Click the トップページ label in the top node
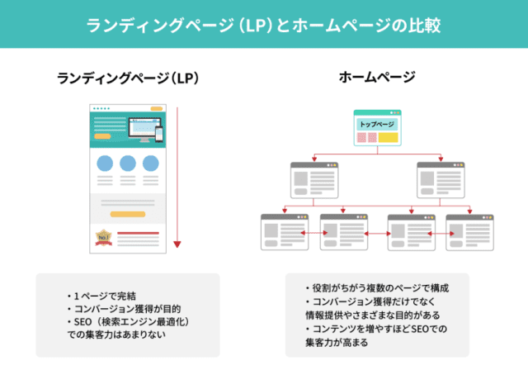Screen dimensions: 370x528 (x=377, y=124)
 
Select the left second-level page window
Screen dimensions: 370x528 (x=314, y=178)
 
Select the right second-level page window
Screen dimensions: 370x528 (x=440, y=178)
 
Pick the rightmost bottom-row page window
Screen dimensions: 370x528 (x=469, y=231)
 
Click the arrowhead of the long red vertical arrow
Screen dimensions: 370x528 (x=177, y=244)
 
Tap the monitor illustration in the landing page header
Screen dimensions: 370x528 (x=145, y=130)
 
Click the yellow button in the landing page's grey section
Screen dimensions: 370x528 (x=128, y=212)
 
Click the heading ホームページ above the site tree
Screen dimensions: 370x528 (x=377, y=78)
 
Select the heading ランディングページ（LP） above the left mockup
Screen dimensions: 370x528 (x=129, y=78)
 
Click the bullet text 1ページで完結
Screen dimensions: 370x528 (x=104, y=296)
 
